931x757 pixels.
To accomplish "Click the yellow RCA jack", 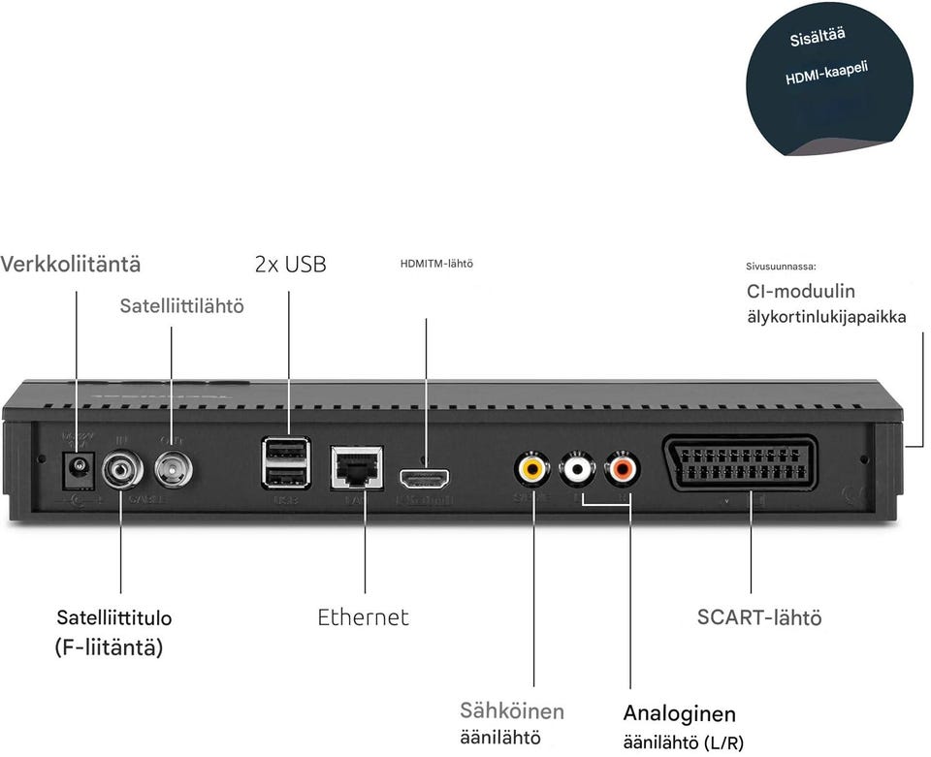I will click(x=531, y=470).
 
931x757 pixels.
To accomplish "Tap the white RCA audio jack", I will click(x=578, y=470).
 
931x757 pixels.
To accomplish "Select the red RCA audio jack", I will click(x=622, y=470).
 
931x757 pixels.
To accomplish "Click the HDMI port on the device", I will click(x=425, y=478).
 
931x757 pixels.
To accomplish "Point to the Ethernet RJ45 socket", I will click(x=356, y=468).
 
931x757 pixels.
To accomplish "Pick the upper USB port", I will click(x=286, y=451).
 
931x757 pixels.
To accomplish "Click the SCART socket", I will click(x=741, y=465).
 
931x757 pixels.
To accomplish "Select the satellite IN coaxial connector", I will click(x=122, y=470).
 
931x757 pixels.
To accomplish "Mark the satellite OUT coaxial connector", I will click(x=173, y=470).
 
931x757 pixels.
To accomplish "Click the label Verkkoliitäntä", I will click(x=70, y=264).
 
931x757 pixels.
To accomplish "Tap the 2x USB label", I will click(x=290, y=264).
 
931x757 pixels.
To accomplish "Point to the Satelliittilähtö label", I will click(x=181, y=306).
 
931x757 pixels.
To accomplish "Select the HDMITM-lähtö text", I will click(x=436, y=263).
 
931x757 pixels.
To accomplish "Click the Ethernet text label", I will click(x=363, y=617).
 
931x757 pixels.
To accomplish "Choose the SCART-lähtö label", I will click(x=758, y=617).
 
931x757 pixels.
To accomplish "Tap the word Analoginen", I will click(x=679, y=714).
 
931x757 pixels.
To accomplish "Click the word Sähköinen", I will click(x=511, y=710).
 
